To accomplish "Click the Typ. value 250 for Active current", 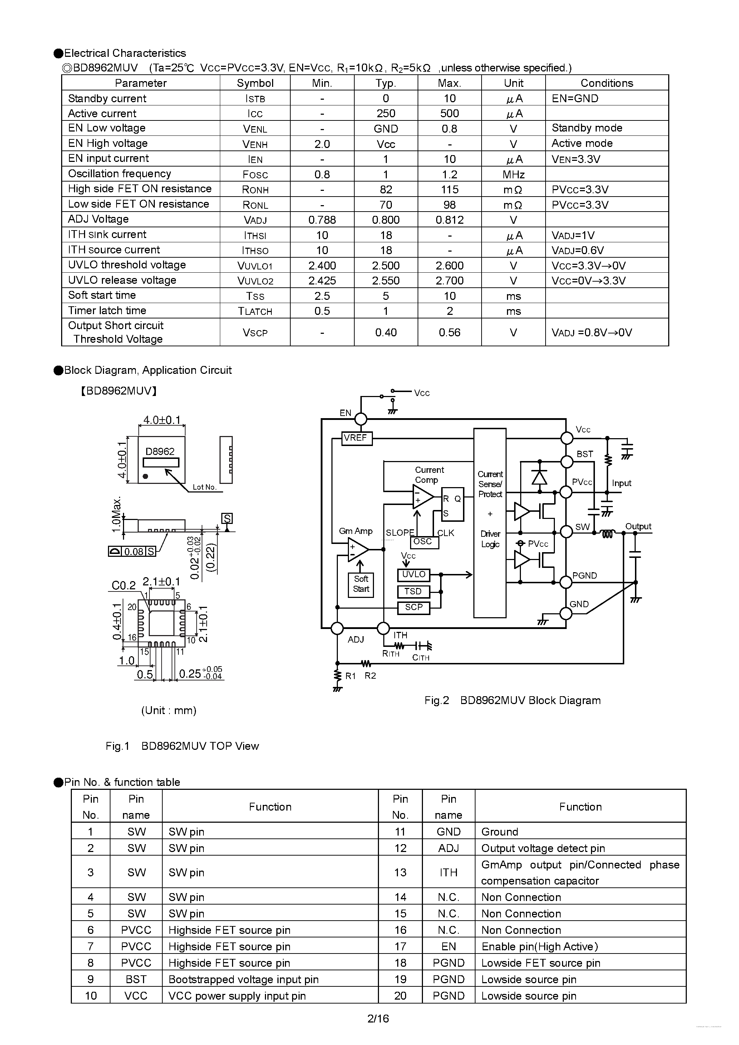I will (386, 113).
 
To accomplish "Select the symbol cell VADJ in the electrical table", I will (255, 220).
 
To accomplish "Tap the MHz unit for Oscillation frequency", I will (513, 174).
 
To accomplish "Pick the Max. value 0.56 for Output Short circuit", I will (449, 332).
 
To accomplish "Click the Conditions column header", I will (606, 83).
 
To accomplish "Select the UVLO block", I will (413, 575).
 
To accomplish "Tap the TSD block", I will (413, 591).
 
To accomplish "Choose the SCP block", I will (413, 607).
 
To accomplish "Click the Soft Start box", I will (361, 584).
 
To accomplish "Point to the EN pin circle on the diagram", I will (361, 419).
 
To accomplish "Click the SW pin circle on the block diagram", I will (566, 531).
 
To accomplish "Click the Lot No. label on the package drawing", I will (204, 487).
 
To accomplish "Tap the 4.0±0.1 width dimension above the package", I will (162, 420).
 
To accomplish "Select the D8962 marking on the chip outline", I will (160, 451).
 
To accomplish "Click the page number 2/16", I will (378, 1018).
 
